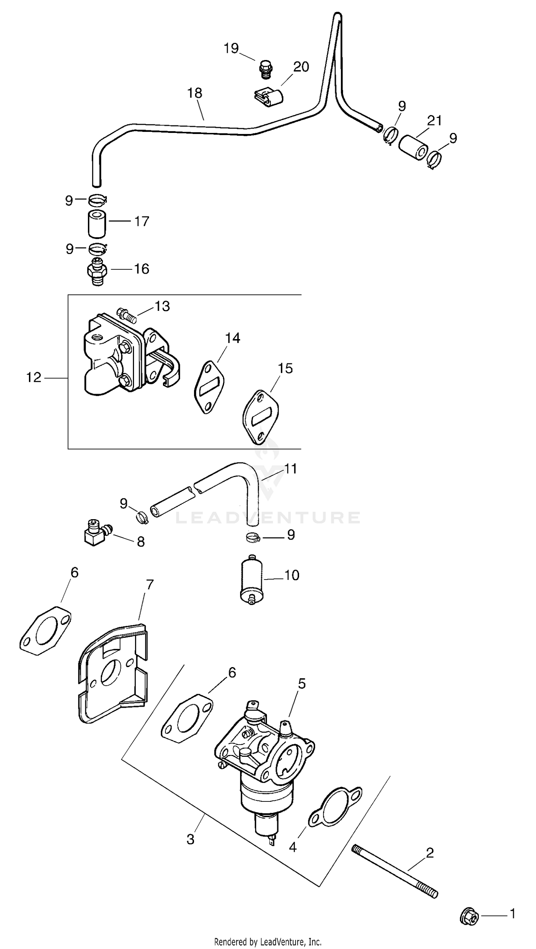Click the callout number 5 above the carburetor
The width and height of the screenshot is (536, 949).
click(302, 684)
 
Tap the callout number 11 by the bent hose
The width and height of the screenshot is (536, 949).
click(291, 469)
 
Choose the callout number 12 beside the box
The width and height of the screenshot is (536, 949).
click(34, 377)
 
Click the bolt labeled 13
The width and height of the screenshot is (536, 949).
click(127, 316)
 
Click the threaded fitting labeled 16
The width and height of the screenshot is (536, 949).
click(97, 272)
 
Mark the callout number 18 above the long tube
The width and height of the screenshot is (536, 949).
click(195, 93)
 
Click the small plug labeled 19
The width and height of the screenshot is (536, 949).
click(264, 69)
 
